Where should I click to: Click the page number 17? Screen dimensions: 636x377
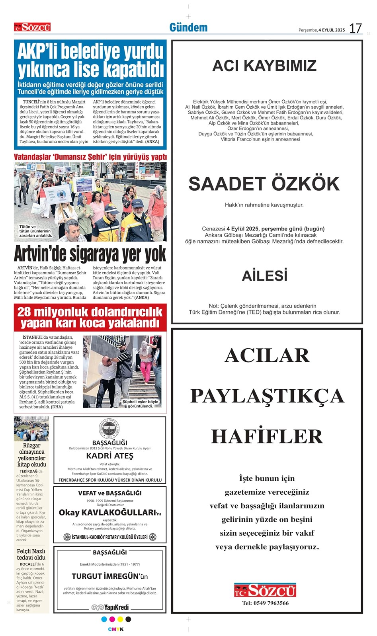coord(356,28)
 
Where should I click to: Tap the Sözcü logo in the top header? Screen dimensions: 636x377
coord(32,27)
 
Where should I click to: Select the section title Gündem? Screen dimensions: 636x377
coord(188,27)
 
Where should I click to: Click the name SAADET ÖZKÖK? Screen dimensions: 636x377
coord(264,184)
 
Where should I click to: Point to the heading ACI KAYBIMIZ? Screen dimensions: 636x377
coord(264,66)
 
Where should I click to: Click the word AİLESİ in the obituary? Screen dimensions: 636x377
coord(264,276)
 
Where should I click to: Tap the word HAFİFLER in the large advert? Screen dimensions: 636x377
coord(266,436)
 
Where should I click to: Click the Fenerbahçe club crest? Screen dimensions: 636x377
coord(109,429)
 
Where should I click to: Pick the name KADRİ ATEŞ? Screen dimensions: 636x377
coord(109,456)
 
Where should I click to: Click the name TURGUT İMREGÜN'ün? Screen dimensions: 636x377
coord(109,576)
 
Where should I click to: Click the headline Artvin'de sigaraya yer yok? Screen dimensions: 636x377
coord(90,254)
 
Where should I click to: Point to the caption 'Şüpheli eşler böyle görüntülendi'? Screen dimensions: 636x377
coord(140,404)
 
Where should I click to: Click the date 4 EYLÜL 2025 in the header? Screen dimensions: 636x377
coord(332,30)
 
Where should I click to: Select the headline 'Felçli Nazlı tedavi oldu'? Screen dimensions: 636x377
coord(31,554)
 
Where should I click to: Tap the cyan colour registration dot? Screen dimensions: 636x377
coord(104,619)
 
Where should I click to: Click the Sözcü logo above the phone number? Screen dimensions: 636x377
coord(265,590)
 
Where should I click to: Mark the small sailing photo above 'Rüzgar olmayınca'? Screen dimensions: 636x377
coord(31,429)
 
